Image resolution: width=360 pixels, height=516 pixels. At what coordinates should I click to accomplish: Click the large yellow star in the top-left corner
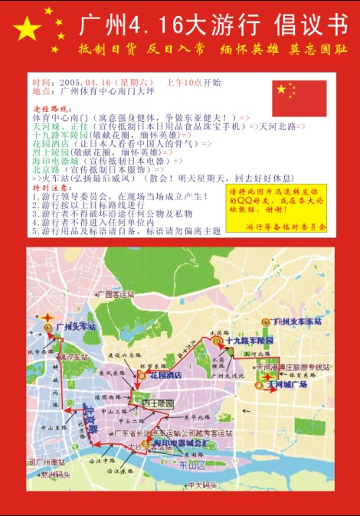pos(27,30)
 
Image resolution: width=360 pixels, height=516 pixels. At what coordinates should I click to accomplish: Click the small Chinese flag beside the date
pos(299,98)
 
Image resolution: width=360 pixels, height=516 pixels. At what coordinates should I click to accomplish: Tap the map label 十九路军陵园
pos(248,338)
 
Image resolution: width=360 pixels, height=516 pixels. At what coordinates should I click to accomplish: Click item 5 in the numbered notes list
pos(126,230)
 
